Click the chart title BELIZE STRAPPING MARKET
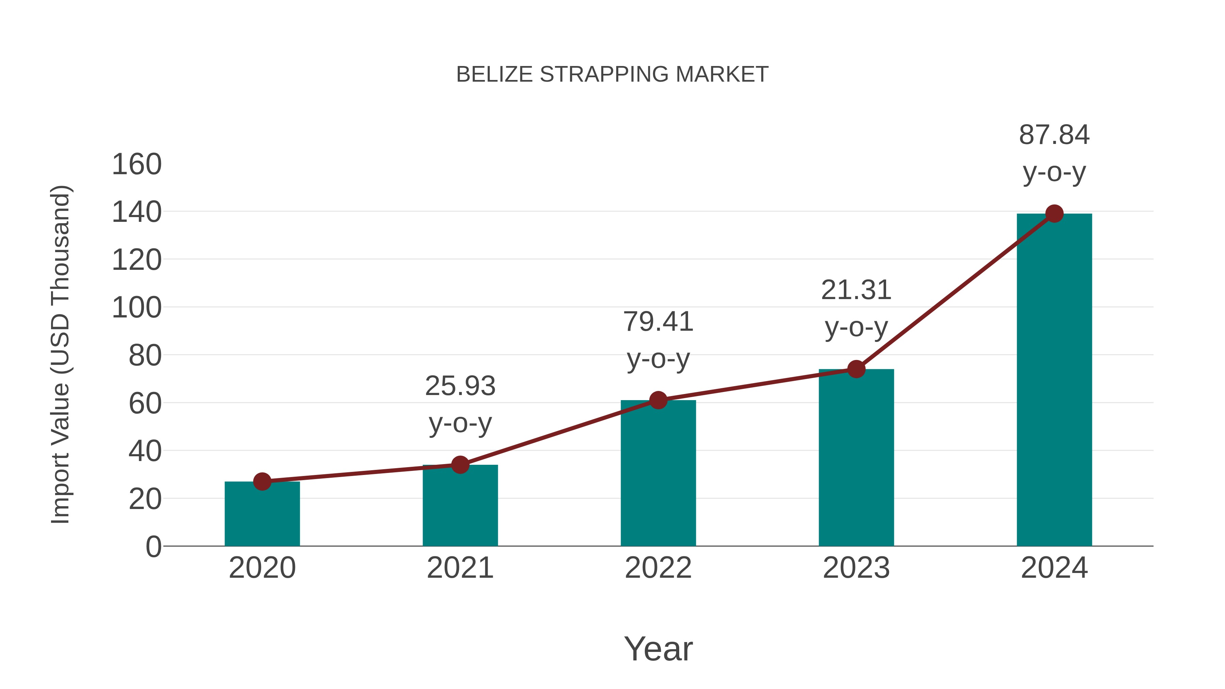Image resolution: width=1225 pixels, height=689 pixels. click(612, 75)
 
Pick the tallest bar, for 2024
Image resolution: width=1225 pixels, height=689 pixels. click(1054, 380)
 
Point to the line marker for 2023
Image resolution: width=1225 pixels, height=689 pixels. click(856, 369)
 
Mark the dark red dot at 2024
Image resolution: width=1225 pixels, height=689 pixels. click(1054, 213)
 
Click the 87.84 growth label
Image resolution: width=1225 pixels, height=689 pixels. click(1054, 135)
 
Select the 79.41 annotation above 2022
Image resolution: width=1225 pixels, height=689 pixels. click(658, 322)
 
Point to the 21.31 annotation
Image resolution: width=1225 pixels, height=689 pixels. click(856, 290)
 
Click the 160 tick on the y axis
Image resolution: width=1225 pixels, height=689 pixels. click(136, 165)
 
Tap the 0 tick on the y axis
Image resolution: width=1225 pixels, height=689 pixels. click(153, 547)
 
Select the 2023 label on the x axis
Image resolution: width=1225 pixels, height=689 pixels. click(856, 568)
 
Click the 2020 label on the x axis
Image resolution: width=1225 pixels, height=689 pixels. click(262, 568)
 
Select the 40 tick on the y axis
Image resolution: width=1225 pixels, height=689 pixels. click(145, 451)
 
